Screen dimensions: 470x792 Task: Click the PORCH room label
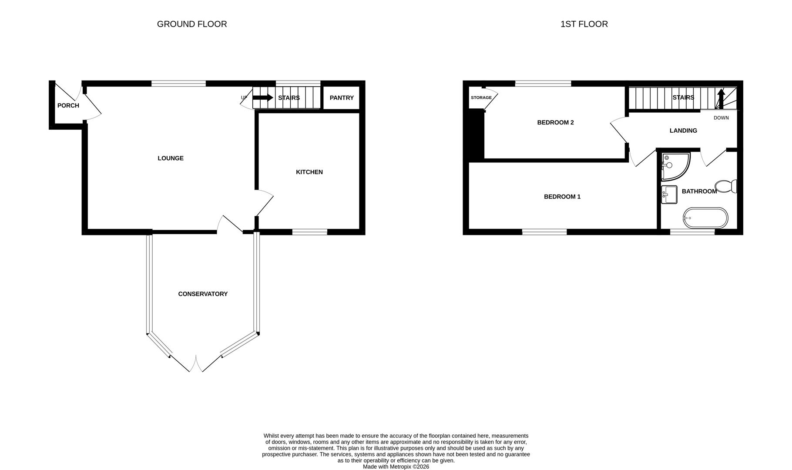[68, 105]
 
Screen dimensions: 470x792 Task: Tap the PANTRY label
[342, 97]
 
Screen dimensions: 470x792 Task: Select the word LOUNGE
[171, 158]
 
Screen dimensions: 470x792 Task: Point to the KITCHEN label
[309, 172]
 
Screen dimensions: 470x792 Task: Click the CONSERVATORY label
[203, 294]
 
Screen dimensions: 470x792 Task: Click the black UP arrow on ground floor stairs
[262, 97]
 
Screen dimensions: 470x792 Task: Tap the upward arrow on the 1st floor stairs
[721, 98]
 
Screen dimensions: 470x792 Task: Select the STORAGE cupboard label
[481, 97]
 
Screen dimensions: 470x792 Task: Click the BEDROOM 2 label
[555, 122]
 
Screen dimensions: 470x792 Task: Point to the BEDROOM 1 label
[562, 196]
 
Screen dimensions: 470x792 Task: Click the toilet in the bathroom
[725, 186]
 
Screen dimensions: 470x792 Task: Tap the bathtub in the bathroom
[705, 218]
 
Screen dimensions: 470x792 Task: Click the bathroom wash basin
[669, 195]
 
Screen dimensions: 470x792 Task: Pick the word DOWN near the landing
[721, 118]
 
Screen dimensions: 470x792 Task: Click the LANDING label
[683, 131]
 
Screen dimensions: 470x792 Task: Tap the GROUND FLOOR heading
[192, 24]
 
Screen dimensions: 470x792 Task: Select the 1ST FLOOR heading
[584, 24]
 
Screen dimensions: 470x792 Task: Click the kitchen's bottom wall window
[309, 232]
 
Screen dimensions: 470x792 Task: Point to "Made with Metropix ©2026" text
[396, 467]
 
